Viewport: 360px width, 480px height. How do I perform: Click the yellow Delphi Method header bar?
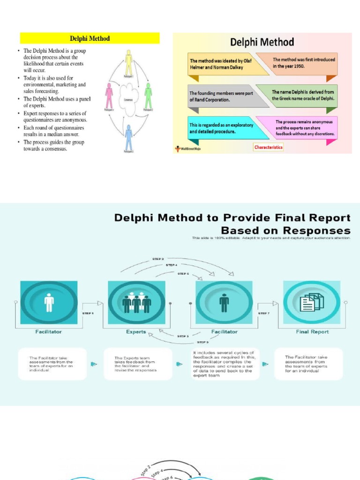tap(90, 38)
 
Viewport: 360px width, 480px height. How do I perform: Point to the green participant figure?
tap(148, 95)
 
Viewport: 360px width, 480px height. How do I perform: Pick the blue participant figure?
tap(128, 136)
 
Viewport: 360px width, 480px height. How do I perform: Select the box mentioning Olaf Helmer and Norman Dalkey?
tap(222, 64)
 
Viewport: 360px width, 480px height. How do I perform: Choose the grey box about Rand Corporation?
tap(222, 97)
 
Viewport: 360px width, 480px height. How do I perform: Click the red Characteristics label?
tap(269, 147)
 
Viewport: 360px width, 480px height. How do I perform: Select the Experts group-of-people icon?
tap(136, 302)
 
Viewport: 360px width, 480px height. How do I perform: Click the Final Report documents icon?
tap(312, 302)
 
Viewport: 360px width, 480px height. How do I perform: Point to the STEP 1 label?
tap(88, 313)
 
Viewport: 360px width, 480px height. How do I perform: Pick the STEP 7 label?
tap(264, 313)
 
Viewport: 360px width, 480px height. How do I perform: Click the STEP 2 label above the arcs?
tap(158, 259)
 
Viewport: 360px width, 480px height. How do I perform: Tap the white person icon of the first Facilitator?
tap(49, 302)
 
